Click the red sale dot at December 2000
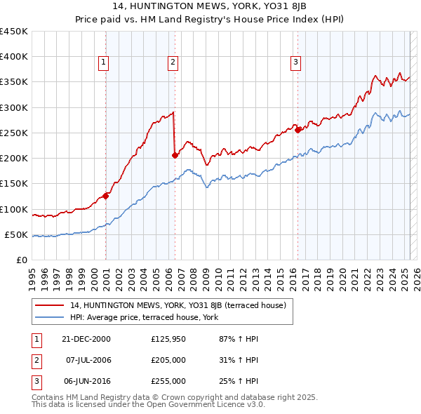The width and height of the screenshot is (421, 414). tap(106, 196)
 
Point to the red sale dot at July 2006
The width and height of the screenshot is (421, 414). tap(175, 155)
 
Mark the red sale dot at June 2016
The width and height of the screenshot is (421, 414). tap(298, 130)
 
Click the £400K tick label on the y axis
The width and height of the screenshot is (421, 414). tap(14, 57)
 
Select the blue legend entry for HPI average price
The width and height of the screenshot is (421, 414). tap(144, 318)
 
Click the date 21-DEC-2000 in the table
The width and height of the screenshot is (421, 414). tap(86, 339)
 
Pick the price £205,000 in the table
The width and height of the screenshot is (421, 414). tap(168, 360)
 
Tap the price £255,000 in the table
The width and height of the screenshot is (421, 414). tap(168, 381)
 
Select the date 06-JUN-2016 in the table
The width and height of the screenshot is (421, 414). tap(87, 381)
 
